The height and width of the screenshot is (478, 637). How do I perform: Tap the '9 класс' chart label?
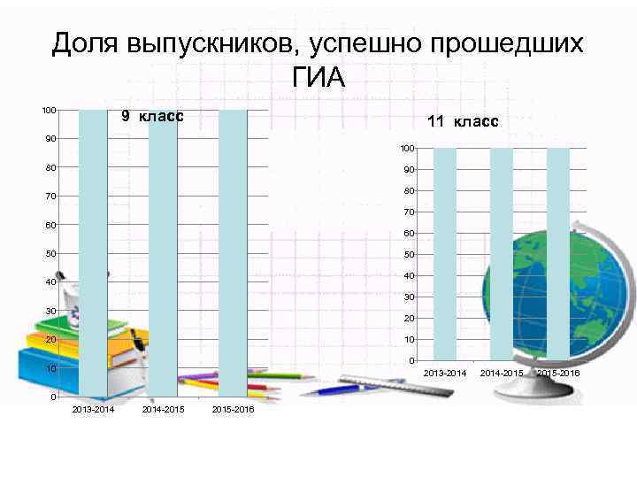[x=152, y=116]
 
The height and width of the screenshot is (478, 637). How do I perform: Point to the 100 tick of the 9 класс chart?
[x=50, y=110]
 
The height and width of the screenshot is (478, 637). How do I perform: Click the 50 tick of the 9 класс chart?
[x=51, y=253]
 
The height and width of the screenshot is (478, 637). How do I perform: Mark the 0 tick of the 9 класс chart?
[x=54, y=397]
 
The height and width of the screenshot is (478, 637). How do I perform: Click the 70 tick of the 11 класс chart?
[x=409, y=212]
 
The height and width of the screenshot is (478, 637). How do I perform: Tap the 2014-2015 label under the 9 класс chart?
[x=163, y=410]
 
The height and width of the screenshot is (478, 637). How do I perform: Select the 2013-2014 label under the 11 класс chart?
[x=445, y=374]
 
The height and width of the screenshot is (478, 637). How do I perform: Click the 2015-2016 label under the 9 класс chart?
[x=233, y=410]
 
